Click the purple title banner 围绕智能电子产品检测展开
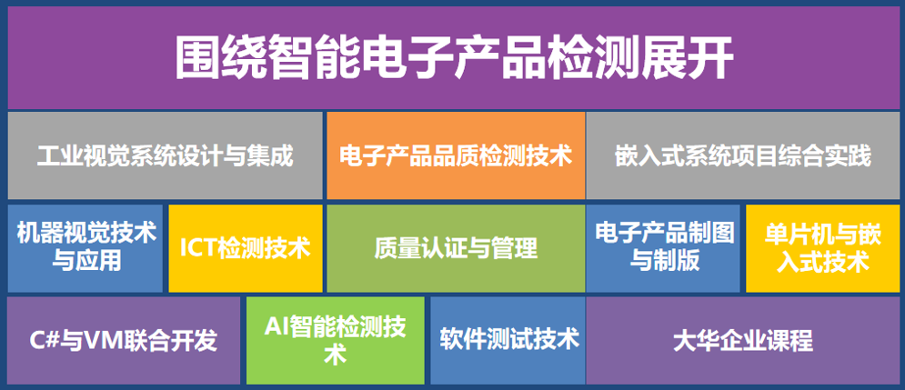(454, 57)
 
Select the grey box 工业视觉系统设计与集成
(165, 155)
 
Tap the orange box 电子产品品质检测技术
(456, 155)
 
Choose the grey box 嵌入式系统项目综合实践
(743, 155)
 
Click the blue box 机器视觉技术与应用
(85, 248)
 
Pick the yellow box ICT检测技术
(246, 248)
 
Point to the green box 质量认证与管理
(456, 248)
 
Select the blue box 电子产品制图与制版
(663, 248)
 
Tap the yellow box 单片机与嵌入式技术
(822, 248)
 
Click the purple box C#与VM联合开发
(124, 340)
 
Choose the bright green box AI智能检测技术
(336, 340)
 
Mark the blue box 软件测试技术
(508, 340)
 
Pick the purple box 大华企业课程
(743, 340)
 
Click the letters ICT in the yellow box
(198, 249)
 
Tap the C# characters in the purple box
(44, 341)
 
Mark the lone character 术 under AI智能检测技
(336, 355)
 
